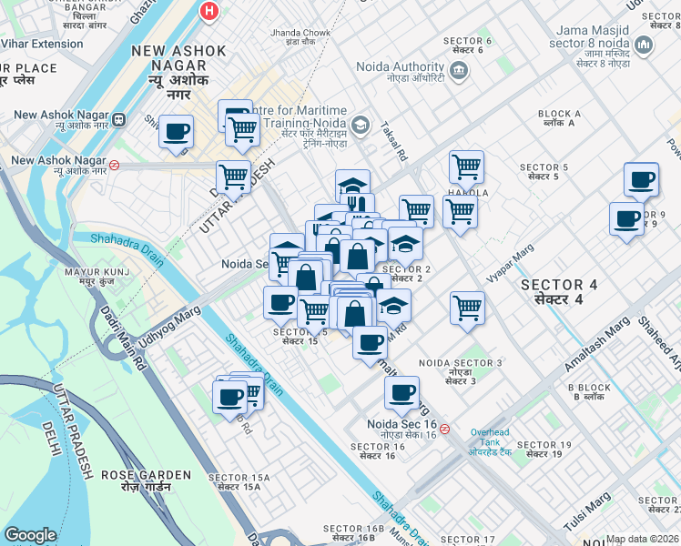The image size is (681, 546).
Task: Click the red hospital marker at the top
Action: coord(210,11)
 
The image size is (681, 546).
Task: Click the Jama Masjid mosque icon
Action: coord(644,45)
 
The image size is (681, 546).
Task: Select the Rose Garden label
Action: coord(146,480)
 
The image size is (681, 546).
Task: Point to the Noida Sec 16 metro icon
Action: coord(444,429)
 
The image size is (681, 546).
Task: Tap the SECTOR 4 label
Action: coord(559,291)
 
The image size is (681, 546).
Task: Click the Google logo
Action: coord(30,535)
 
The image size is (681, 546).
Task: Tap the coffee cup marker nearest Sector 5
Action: coord(641,179)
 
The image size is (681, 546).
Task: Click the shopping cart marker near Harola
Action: coord(465,167)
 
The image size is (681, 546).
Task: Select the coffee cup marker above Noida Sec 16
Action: coord(401,392)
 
